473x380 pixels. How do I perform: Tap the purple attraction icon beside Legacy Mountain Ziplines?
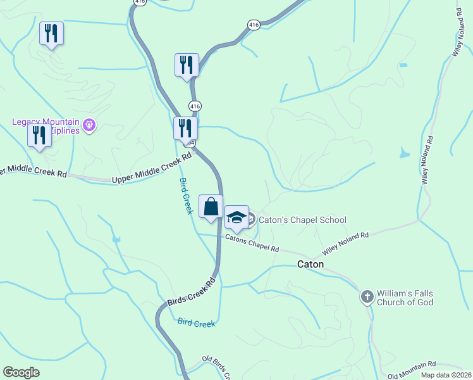point(89,125)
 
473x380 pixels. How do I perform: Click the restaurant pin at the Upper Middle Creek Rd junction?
point(185,128)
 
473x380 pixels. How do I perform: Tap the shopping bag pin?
point(211,206)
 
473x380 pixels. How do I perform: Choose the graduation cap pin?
point(236,217)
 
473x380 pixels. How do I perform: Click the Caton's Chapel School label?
point(302,220)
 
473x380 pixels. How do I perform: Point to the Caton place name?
point(310,265)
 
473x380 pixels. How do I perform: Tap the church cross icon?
point(367,296)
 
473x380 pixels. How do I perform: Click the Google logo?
point(21,372)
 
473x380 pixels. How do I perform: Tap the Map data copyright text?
point(446,375)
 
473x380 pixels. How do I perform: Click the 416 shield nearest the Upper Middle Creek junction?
point(195,106)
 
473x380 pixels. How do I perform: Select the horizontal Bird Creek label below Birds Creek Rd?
point(196,324)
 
